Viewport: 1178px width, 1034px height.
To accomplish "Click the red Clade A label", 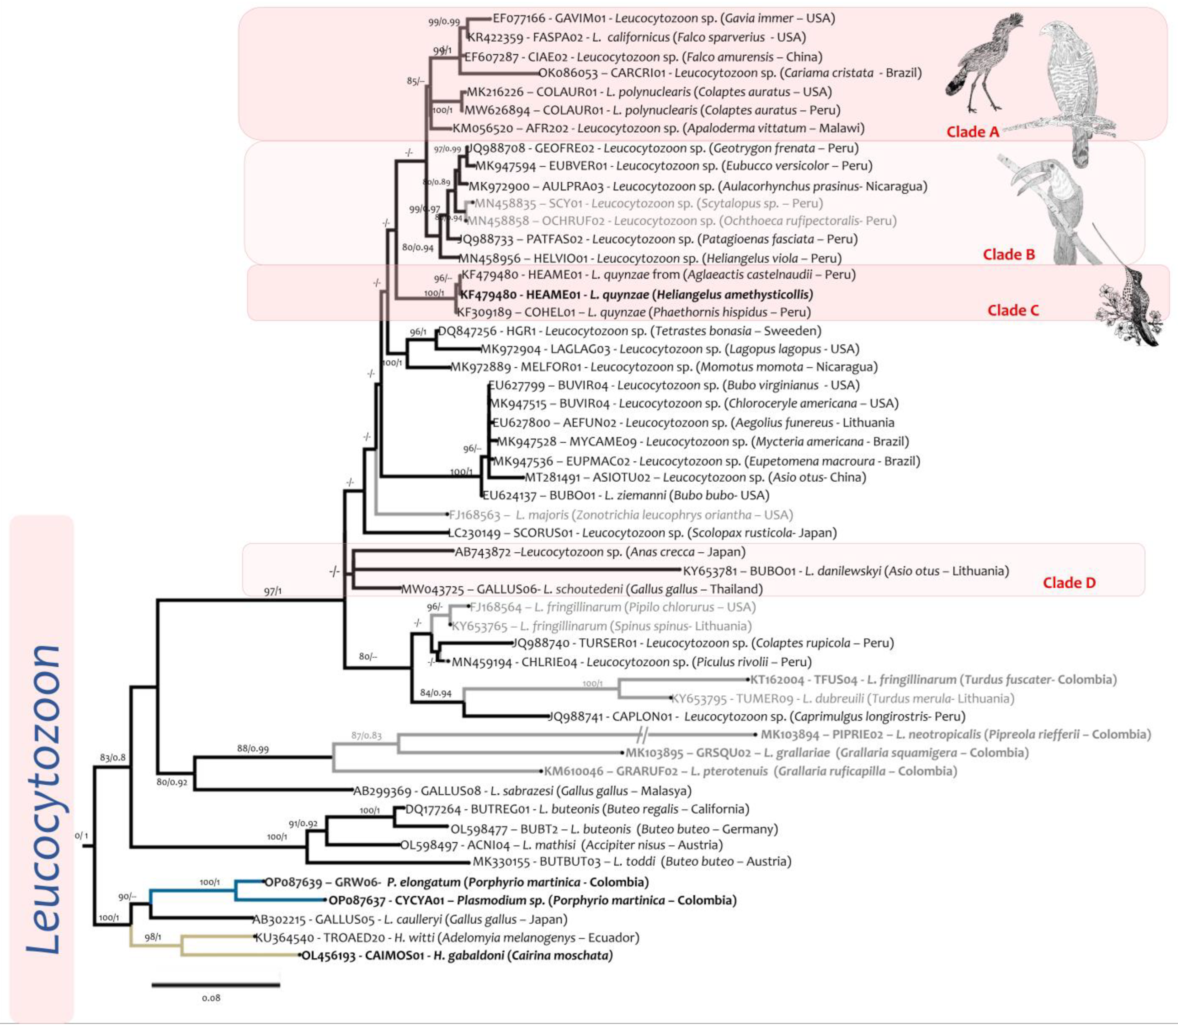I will pyautogui.click(x=972, y=132).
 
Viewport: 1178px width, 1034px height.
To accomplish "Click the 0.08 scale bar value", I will pyautogui.click(x=211, y=998).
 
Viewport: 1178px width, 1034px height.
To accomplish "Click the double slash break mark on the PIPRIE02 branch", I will pyautogui.click(x=643, y=735).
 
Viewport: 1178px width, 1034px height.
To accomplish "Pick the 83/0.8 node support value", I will pyautogui.click(x=112, y=757).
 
